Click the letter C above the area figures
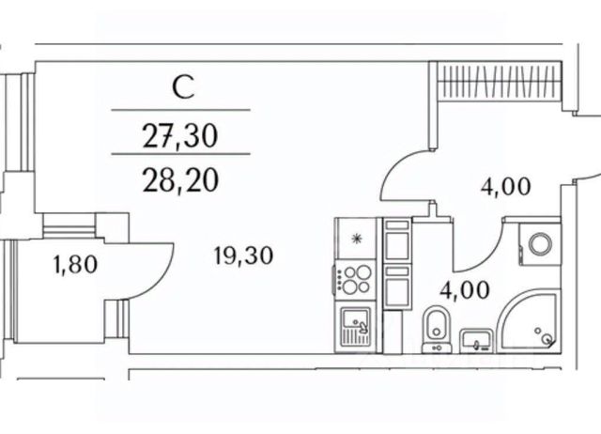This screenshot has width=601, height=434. (183, 89)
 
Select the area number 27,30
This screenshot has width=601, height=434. (180, 137)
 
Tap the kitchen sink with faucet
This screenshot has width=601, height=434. (356, 326)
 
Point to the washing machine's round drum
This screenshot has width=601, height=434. (540, 244)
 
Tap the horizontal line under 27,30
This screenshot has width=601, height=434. (180, 153)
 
